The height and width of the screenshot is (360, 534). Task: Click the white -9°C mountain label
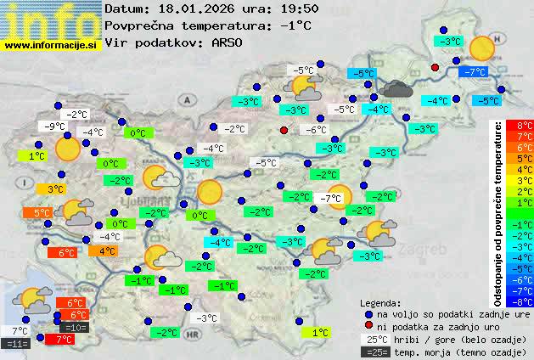tap(55, 127)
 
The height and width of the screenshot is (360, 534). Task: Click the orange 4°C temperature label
tap(105, 250)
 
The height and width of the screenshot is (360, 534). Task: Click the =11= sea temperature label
tap(16, 343)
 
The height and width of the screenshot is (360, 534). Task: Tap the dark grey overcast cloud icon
tap(396, 87)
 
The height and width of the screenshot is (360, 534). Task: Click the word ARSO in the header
tap(231, 42)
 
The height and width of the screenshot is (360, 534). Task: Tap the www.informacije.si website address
tap(51, 45)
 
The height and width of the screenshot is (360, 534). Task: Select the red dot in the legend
tap(368, 326)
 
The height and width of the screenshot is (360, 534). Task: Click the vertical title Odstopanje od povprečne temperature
tap(497, 212)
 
